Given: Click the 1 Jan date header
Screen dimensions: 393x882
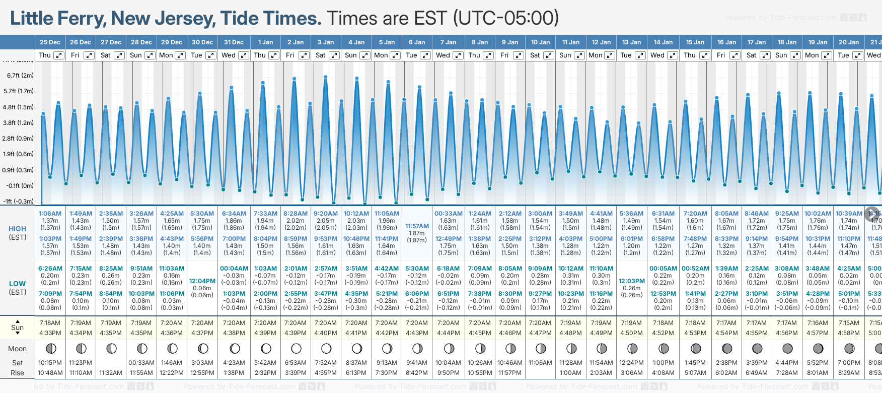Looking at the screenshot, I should (x=265, y=42).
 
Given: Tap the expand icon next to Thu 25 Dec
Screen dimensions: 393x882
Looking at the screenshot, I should (x=59, y=55).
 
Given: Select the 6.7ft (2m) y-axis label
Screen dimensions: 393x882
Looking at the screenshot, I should (x=20, y=76).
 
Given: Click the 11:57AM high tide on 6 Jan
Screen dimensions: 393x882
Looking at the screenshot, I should (x=417, y=226).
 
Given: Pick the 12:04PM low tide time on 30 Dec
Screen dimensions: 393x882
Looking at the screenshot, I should (x=202, y=281).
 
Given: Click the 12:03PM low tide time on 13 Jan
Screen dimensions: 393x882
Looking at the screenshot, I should (x=631, y=281).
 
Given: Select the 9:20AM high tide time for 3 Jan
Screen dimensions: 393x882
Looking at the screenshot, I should (x=326, y=214).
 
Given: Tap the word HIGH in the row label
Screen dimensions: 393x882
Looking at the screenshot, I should (x=17, y=229).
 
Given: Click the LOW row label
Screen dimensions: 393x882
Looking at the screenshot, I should (x=17, y=284).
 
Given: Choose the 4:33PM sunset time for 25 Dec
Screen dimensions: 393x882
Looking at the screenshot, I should (x=50, y=333).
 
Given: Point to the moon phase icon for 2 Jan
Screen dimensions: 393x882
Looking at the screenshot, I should (x=296, y=348).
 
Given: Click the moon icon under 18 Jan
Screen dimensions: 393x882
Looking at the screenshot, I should (x=787, y=348).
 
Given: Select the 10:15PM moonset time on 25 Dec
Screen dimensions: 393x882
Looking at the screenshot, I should (x=50, y=363).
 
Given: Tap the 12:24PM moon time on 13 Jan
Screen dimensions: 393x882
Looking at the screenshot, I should (x=631, y=363).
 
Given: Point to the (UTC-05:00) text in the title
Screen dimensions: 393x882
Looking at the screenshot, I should (x=506, y=19).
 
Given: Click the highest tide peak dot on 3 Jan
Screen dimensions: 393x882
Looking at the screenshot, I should (x=326, y=77).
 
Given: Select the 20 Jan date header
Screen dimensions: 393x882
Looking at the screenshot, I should (x=849, y=42).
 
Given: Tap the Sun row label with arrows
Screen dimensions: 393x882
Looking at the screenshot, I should (x=17, y=327).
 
